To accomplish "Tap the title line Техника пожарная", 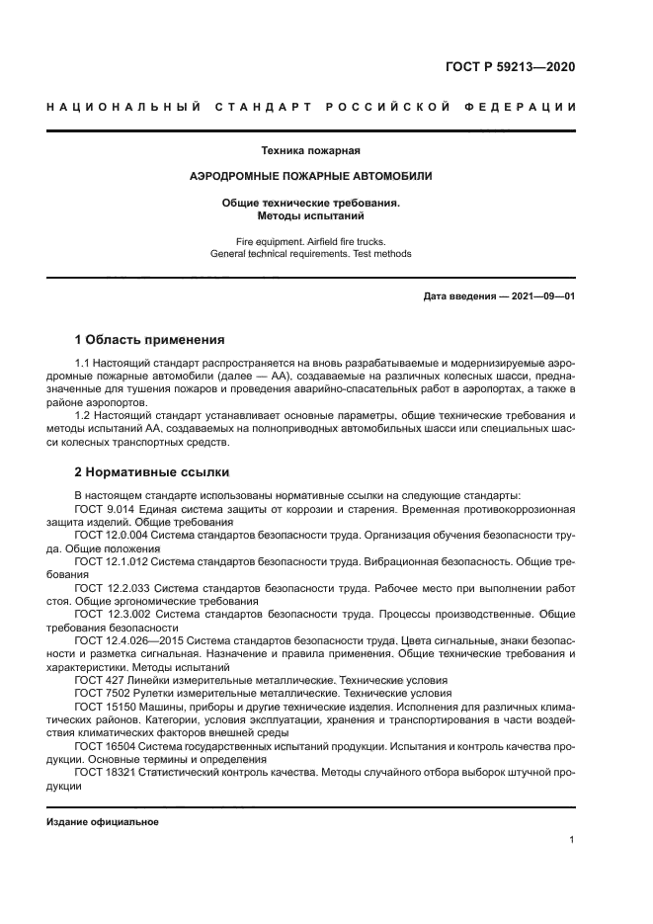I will [310, 151].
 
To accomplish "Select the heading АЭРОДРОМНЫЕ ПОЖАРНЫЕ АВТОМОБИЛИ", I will [310, 176].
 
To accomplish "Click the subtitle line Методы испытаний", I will [310, 214].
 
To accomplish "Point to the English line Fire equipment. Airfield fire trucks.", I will [310, 240].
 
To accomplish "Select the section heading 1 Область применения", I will [149, 339].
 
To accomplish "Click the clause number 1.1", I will [83, 366].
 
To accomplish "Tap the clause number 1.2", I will [83, 416].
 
